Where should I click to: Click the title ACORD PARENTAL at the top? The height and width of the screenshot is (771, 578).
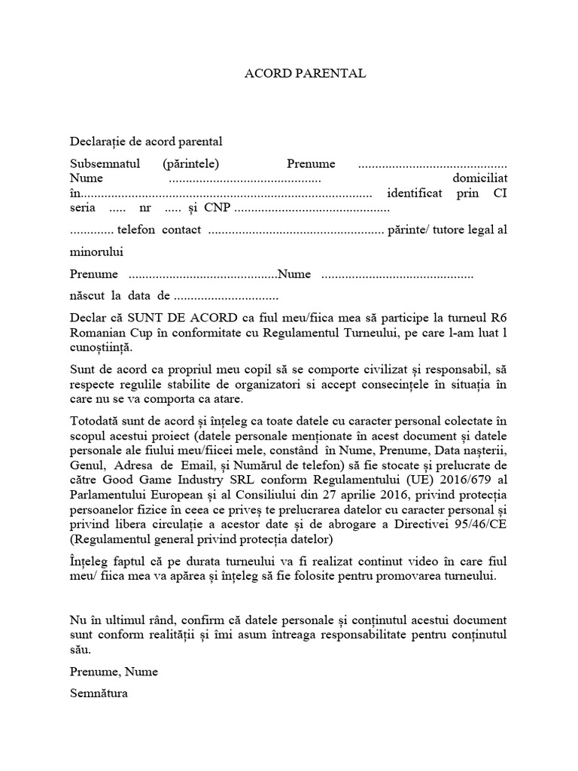click(306, 74)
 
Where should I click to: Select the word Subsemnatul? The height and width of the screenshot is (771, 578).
click(102, 164)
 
